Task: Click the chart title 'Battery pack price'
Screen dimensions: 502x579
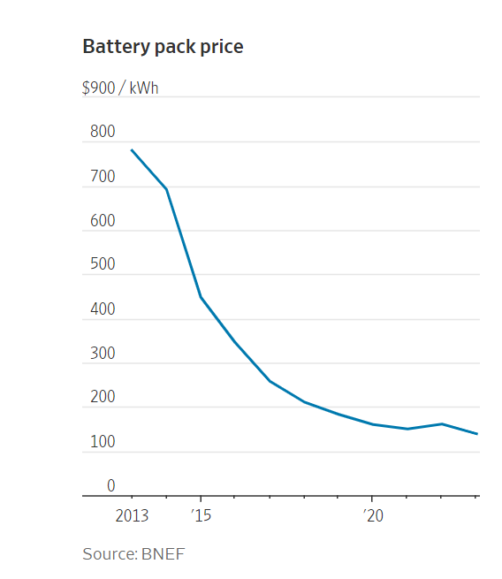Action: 163,47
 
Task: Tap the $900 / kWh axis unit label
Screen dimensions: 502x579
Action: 120,88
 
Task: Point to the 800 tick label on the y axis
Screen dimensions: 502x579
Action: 103,132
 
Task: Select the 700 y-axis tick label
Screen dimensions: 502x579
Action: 103,176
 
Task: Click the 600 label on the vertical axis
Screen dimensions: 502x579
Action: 103,220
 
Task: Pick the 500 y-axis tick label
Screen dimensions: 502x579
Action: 103,264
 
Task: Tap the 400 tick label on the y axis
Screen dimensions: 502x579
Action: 103,309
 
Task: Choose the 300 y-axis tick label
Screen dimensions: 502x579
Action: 103,353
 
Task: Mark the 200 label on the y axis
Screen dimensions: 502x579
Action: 103,397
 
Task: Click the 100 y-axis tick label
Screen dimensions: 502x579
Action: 103,442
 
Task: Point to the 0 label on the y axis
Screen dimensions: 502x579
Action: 111,485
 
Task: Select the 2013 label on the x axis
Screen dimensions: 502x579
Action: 132,515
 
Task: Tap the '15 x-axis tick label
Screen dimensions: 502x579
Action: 202,515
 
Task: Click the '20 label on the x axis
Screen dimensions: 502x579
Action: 373,515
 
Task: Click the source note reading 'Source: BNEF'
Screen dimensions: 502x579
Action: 133,554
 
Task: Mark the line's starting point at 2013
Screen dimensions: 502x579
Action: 132,150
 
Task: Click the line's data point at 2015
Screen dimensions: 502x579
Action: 201,297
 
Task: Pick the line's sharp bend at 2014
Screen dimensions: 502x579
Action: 167,189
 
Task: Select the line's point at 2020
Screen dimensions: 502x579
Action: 372,424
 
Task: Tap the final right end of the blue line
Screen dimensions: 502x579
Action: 477,434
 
